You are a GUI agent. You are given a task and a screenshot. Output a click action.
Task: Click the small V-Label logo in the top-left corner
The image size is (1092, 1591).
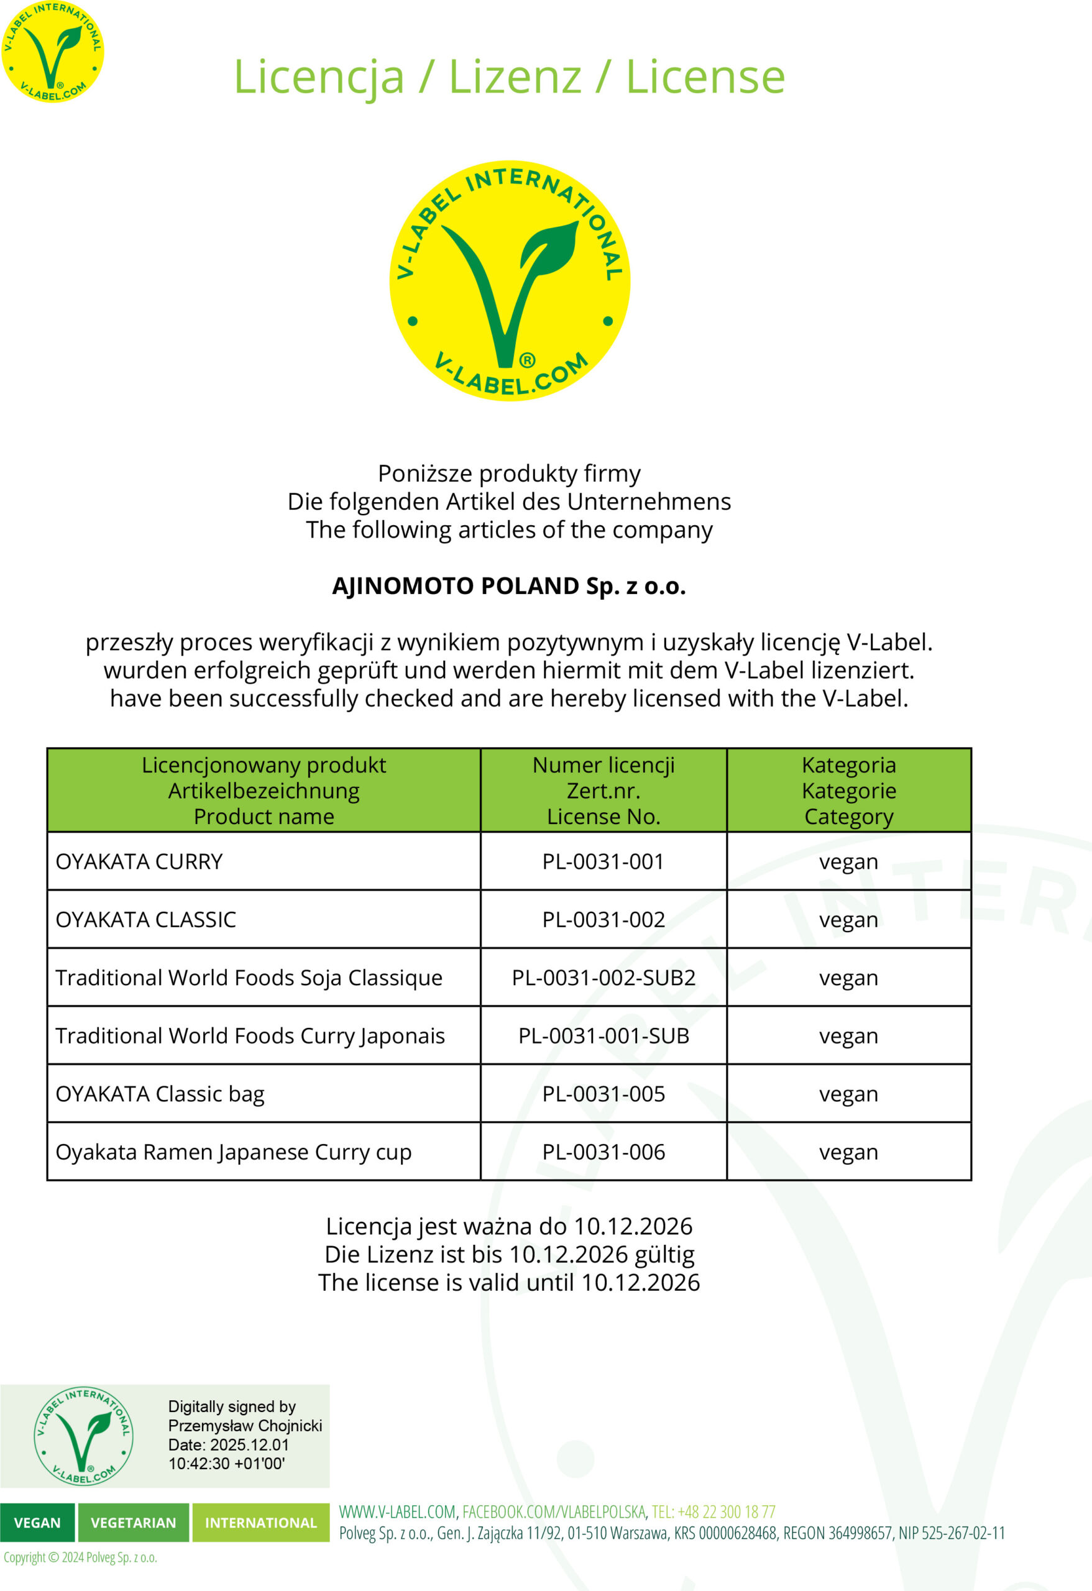coord(53,52)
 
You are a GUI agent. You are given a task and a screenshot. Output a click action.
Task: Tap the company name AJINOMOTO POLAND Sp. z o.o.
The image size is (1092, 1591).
coord(508,586)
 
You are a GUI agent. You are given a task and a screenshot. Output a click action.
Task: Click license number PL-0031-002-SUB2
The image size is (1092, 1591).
coord(603,978)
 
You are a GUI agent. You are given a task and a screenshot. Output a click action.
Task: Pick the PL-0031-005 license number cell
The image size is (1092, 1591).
coord(603,1094)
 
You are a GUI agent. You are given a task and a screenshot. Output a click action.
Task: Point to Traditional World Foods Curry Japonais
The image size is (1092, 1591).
coord(250,1036)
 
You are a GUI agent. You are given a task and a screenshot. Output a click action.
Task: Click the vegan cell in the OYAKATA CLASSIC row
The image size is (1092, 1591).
coord(848,919)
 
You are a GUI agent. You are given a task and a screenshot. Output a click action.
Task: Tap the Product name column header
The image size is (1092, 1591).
coord(264,817)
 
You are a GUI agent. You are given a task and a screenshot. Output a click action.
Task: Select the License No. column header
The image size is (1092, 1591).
coord(603,817)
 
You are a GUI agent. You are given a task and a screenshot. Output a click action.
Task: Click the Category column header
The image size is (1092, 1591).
coord(848,817)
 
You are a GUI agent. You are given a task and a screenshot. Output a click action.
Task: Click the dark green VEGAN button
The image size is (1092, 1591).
coord(37,1523)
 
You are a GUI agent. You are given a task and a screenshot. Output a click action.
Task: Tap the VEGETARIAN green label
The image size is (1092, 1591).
coord(134,1523)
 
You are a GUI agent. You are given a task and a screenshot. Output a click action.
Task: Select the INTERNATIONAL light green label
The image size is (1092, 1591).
coord(261,1523)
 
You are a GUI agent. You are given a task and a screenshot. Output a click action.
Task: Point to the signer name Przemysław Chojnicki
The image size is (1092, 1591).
coord(245,1425)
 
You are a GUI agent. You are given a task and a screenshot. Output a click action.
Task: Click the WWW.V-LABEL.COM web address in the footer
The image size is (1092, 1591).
coord(397,1511)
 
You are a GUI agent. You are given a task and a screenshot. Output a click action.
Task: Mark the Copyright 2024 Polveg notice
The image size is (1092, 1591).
coord(80,1557)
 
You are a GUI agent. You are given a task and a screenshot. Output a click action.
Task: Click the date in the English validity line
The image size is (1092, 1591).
coord(640,1282)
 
